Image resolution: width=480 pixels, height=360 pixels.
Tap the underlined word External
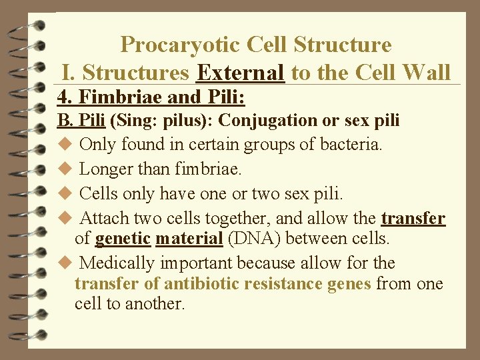click(241, 72)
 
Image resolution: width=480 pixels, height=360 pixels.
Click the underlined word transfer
click(413, 218)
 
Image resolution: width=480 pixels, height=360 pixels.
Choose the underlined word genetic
click(123, 238)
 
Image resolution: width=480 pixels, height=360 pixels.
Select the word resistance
click(285, 283)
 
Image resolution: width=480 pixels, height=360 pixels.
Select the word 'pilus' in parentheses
click(185, 121)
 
